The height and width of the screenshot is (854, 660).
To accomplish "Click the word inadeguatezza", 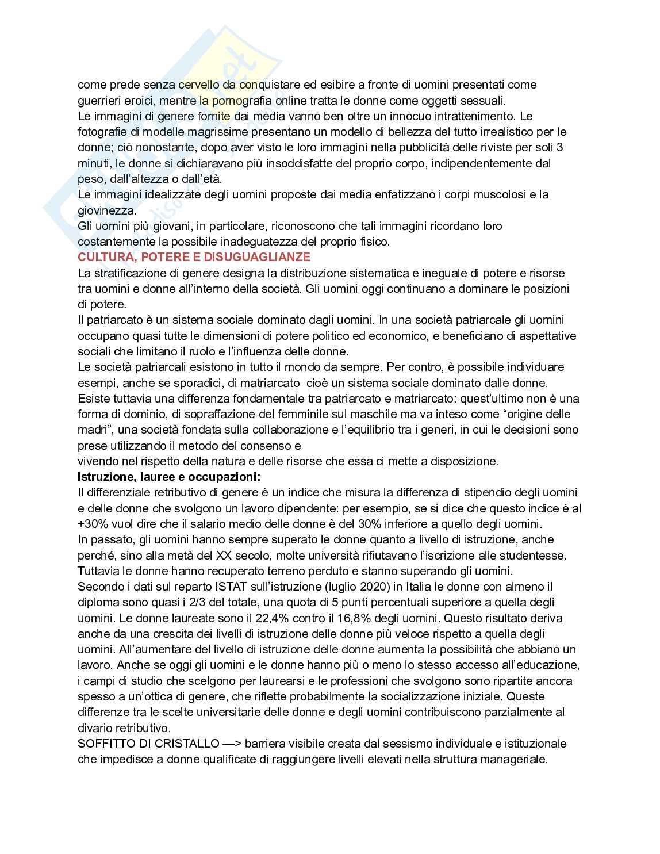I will point(221,242).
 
